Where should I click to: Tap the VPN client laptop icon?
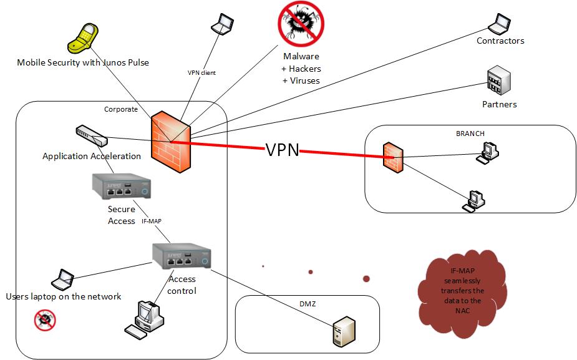point(223,24)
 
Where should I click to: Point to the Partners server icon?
point(499,82)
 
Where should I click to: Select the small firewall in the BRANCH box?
point(394,156)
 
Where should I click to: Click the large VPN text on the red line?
point(282,150)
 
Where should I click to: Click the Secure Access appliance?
point(122,187)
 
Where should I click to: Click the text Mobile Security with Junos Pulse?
point(83,62)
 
